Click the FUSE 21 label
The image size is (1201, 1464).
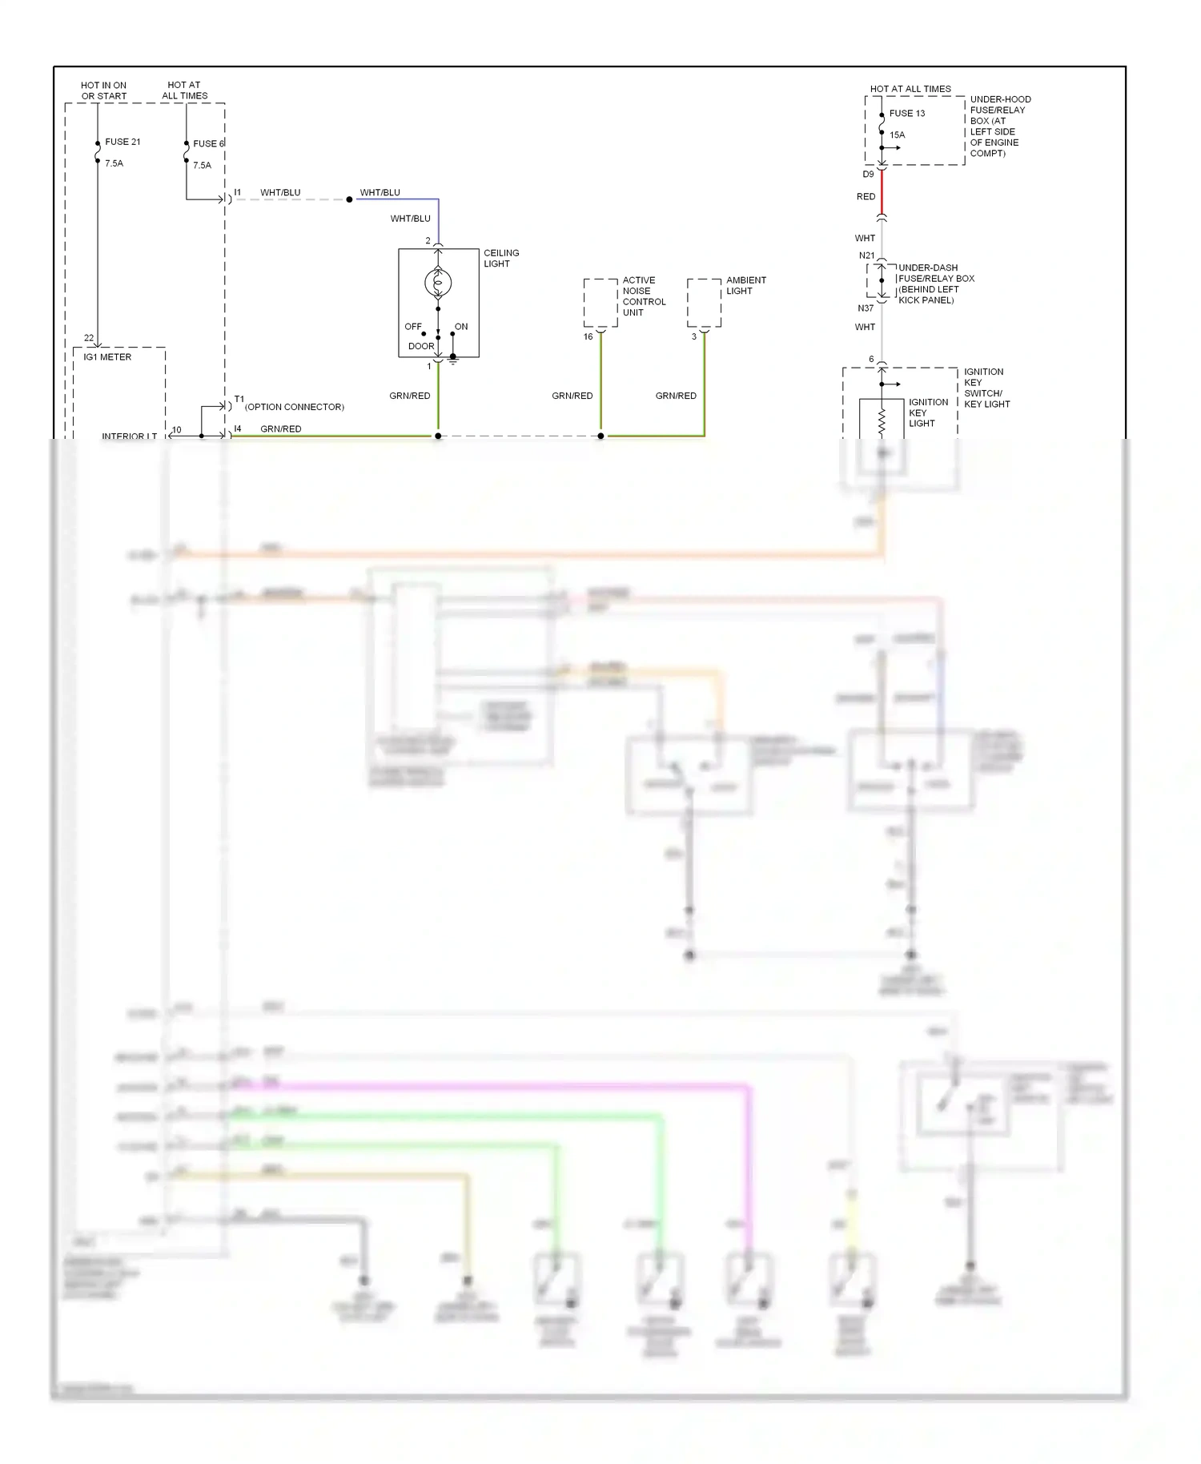pyautogui.click(x=123, y=142)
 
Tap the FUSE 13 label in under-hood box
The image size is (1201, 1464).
pyautogui.click(x=906, y=114)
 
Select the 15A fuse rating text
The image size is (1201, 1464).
pyautogui.click(x=897, y=135)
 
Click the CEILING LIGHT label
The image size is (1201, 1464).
pyautogui.click(x=500, y=258)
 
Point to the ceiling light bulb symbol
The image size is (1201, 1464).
pyautogui.click(x=438, y=282)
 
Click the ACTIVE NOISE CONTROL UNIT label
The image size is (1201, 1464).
pyautogui.click(x=643, y=296)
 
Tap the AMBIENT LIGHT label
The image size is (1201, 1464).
pyautogui.click(x=745, y=285)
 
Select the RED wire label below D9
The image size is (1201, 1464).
pyautogui.click(x=866, y=196)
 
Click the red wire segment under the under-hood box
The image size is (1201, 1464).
pyautogui.click(x=882, y=192)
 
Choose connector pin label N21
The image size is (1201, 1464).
pyautogui.click(x=866, y=255)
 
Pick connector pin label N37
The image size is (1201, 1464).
pyautogui.click(x=866, y=308)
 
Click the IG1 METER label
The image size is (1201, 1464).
pyautogui.click(x=107, y=357)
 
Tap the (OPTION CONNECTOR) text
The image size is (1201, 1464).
pyautogui.click(x=295, y=407)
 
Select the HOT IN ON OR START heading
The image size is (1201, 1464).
pyautogui.click(x=103, y=90)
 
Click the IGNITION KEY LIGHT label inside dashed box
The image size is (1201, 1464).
pyautogui.click(x=927, y=412)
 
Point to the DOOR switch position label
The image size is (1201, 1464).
pyautogui.click(x=420, y=347)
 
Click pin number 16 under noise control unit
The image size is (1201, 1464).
pyautogui.click(x=588, y=336)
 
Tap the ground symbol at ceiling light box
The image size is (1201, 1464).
pyautogui.click(x=453, y=360)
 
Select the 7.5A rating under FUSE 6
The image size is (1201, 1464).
pyautogui.click(x=202, y=166)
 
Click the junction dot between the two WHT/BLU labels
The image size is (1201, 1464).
pyautogui.click(x=349, y=199)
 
